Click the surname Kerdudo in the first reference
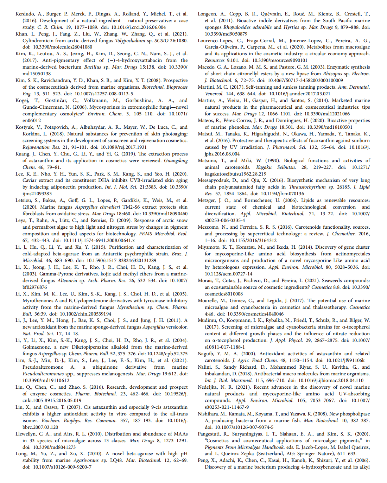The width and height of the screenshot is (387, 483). (x=25, y=14)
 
